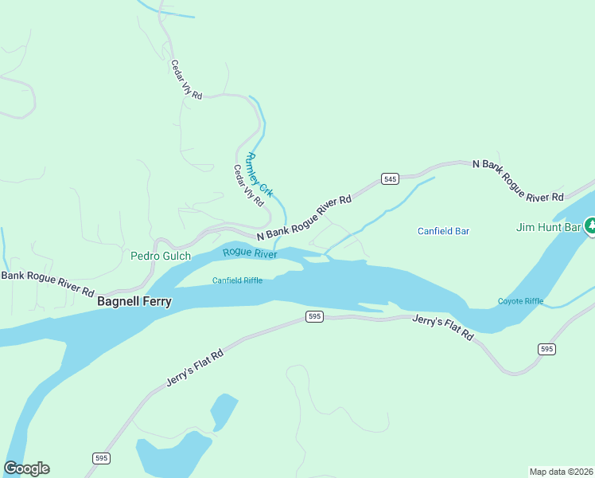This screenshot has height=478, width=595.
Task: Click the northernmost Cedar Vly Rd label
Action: [x=187, y=80]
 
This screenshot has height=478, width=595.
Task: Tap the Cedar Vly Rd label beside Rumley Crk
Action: [x=247, y=186]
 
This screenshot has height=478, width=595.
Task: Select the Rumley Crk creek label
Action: [x=260, y=174]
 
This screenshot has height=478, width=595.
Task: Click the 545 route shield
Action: [x=389, y=178]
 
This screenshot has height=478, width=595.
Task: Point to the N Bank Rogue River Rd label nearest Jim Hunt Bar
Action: [x=518, y=179]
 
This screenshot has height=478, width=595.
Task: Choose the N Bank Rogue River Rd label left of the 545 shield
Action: [x=304, y=217]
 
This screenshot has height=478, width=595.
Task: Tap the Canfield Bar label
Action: [x=444, y=231]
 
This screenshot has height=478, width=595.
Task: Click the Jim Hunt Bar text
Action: [x=549, y=227]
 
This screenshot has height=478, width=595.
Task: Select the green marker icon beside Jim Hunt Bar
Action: [x=589, y=226]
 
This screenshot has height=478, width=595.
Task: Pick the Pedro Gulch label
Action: [x=161, y=256]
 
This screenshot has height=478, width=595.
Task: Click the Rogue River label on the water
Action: [x=250, y=253]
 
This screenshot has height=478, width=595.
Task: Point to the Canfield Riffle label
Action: [x=237, y=280]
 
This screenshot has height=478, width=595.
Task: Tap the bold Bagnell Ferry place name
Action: [x=134, y=302]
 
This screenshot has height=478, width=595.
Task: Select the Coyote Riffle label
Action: [x=520, y=301]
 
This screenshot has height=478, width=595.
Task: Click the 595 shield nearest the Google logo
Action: [x=101, y=458]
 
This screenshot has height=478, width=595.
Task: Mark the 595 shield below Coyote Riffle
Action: [x=546, y=349]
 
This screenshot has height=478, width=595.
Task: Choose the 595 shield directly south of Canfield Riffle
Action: [x=314, y=317]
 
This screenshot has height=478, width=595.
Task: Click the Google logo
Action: [x=26, y=468]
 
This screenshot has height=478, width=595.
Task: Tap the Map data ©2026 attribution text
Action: [x=561, y=471]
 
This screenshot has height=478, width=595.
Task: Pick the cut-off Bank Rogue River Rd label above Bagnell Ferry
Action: [x=47, y=283]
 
